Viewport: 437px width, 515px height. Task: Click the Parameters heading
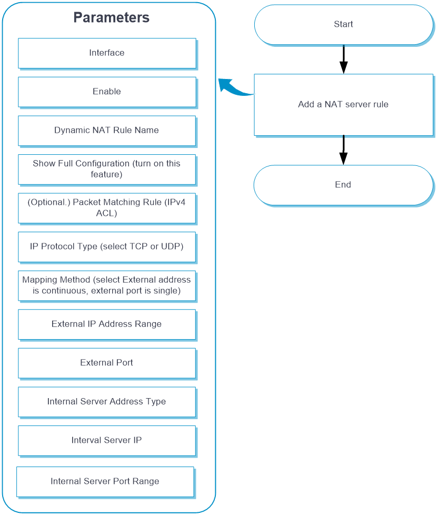pyautogui.click(x=111, y=17)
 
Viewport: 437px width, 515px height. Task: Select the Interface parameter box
pyautogui.click(x=107, y=53)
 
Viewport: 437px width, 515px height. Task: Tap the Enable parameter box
pyautogui.click(x=107, y=92)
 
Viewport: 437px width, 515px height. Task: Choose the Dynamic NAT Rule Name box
pyautogui.click(x=107, y=131)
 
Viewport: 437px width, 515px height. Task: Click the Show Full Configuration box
pyautogui.click(x=107, y=170)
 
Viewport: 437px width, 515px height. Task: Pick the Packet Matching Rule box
pyautogui.click(x=107, y=208)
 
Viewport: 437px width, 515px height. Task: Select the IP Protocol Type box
pyautogui.click(x=107, y=247)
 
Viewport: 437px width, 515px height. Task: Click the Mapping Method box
pyautogui.click(x=107, y=286)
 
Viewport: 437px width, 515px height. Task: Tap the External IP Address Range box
pyautogui.click(x=107, y=324)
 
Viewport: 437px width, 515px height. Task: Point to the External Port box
pyautogui.click(x=107, y=363)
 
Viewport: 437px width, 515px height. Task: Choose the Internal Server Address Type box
pyautogui.click(x=107, y=402)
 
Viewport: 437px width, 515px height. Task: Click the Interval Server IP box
pyautogui.click(x=107, y=441)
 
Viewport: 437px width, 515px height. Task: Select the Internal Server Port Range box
pyautogui.click(x=105, y=482)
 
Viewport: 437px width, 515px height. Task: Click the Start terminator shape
pyautogui.click(x=344, y=25)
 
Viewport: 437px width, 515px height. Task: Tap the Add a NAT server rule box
pyautogui.click(x=344, y=105)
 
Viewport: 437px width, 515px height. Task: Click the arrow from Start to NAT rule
pyautogui.click(x=344, y=60)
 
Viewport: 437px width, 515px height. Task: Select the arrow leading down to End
pyautogui.click(x=343, y=150)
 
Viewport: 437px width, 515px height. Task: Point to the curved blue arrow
pyautogui.click(x=235, y=89)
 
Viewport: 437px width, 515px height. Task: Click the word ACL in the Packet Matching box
pyautogui.click(x=106, y=213)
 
